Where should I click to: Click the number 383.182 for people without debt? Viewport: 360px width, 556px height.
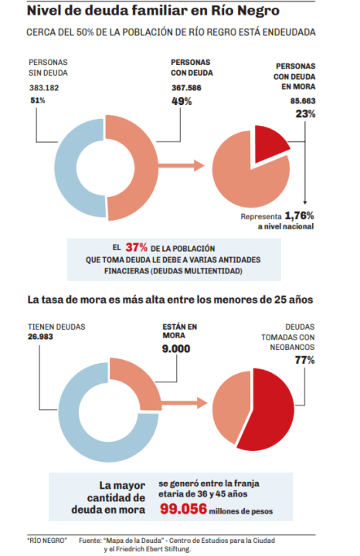(44, 87)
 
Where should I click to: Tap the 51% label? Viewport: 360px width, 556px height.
(38, 100)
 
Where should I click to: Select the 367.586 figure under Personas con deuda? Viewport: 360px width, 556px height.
(186, 87)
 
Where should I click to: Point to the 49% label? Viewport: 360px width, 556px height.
(182, 101)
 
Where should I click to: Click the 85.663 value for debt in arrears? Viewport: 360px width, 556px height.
(303, 101)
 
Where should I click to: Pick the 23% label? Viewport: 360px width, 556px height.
(305, 114)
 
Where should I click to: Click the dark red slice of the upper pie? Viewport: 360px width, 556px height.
(269, 142)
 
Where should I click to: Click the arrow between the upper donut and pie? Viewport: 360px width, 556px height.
(182, 165)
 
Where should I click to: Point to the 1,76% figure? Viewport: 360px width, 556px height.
(300, 215)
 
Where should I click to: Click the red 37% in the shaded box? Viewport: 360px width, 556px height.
(136, 247)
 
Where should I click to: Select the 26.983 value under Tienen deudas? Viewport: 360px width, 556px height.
(40, 337)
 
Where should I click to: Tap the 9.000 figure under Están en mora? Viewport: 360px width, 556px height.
(176, 349)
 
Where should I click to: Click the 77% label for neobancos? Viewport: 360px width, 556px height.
(304, 361)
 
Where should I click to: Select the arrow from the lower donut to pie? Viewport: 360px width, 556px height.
(184, 403)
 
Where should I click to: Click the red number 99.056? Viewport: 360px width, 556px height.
(183, 509)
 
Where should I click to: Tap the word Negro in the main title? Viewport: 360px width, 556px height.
(259, 11)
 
